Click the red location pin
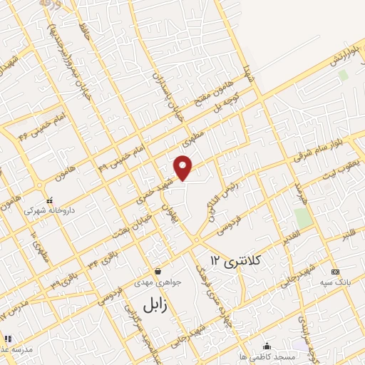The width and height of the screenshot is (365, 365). [x=184, y=168]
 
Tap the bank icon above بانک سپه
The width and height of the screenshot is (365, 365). [x=336, y=272]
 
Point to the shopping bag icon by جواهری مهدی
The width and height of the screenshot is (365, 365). [x=158, y=271]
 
